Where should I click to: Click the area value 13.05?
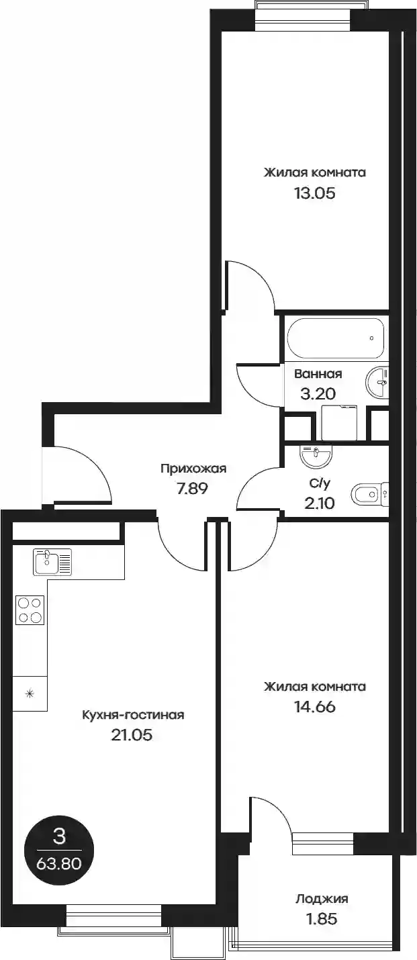[x=314, y=193]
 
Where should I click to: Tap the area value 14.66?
[x=314, y=707]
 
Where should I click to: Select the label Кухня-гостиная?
[x=133, y=715]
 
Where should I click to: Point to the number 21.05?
[x=132, y=735]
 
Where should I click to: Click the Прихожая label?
[x=193, y=469]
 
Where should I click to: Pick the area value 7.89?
[x=193, y=488]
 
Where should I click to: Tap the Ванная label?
[x=318, y=374]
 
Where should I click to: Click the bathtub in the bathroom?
[x=336, y=338]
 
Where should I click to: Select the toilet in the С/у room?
[x=369, y=495]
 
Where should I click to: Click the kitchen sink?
[x=52, y=561]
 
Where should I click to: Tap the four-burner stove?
[x=30, y=610]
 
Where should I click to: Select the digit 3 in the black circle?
[x=58, y=836]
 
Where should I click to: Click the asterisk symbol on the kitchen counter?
[x=30, y=693]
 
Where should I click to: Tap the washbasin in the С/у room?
[x=316, y=457]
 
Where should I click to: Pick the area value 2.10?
[x=319, y=503]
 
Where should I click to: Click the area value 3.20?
[x=318, y=393]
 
